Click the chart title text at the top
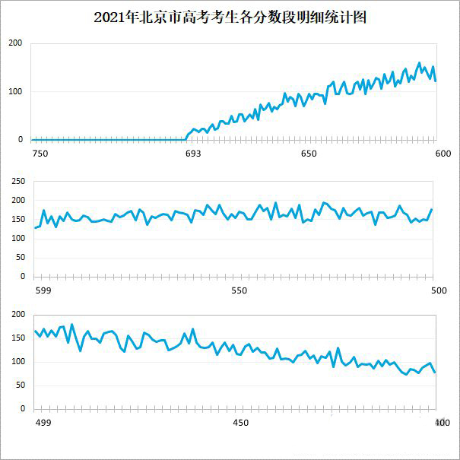tap(230, 17)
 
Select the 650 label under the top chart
tap(309, 154)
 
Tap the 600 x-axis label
tap(443, 154)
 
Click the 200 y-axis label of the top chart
tap(15, 43)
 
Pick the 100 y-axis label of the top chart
tap(15, 92)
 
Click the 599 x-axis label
tap(43, 290)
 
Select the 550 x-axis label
tap(240, 290)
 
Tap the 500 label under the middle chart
tap(439, 290)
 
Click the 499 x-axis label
tap(43, 423)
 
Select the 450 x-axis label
tap(240, 423)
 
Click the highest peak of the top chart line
tap(420, 63)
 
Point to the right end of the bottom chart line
tap(435, 373)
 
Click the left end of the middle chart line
tap(35, 227)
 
